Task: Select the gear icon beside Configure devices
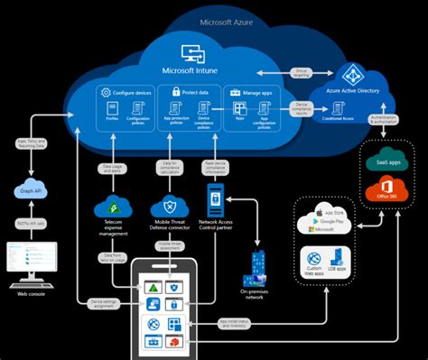[x=106, y=92]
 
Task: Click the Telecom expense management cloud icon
[x=113, y=205]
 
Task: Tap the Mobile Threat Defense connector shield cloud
[x=171, y=205]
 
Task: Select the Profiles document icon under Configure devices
[x=112, y=111]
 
